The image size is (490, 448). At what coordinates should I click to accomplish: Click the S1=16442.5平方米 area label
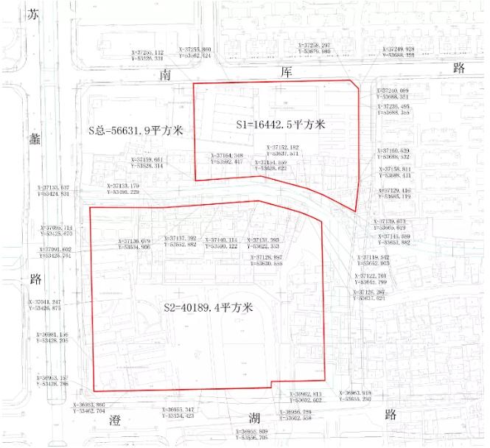coord(281,125)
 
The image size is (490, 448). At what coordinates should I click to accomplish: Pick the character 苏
coord(31,15)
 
